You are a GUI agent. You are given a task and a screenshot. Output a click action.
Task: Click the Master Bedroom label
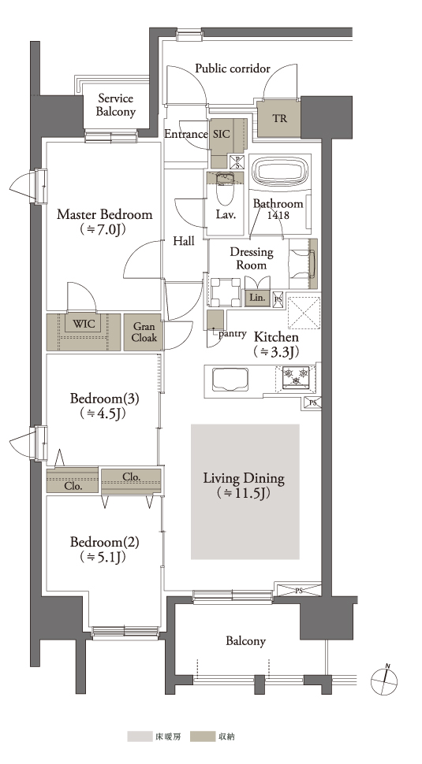point(104,214)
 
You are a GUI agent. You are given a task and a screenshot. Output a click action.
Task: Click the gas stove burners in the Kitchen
point(297,376)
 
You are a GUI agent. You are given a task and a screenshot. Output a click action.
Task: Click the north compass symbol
point(384,680)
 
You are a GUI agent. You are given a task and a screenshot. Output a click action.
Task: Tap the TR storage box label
point(279,118)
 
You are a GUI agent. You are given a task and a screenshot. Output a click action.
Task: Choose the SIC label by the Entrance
point(222,134)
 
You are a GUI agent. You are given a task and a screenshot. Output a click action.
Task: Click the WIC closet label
point(84,324)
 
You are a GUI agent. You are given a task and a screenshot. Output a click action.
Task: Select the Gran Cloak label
point(144,332)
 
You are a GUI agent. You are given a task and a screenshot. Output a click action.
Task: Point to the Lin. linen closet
point(257,298)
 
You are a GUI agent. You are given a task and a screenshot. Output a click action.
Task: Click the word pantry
point(233,334)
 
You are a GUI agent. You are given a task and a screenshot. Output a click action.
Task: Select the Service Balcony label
point(116,105)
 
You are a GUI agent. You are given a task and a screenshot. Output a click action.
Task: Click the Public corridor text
point(233,69)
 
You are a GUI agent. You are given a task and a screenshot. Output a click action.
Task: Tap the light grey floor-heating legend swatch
point(140,736)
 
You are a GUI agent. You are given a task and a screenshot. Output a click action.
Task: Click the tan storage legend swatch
point(202,736)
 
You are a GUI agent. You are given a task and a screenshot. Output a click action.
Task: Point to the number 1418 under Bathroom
point(278,214)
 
